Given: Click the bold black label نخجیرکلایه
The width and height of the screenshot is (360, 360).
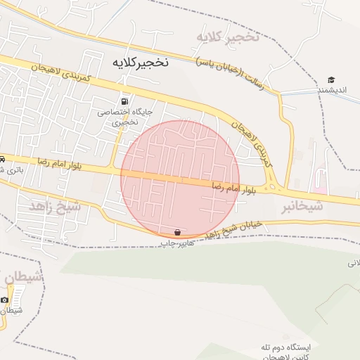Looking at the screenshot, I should point(141,62).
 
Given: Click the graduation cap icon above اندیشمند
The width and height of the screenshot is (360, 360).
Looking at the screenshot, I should point(331,79).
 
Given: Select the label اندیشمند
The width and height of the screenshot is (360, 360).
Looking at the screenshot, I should point(332,90).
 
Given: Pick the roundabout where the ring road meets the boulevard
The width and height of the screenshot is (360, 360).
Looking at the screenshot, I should point(276,188).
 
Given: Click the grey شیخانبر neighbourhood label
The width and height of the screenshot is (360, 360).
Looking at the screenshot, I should point(302,206).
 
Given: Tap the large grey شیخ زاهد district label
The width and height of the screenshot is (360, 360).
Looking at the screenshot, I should point(55,206).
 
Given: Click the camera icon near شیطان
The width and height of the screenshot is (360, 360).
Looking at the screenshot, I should point(4,300).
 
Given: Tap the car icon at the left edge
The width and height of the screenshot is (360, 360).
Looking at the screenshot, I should point(3,159).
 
